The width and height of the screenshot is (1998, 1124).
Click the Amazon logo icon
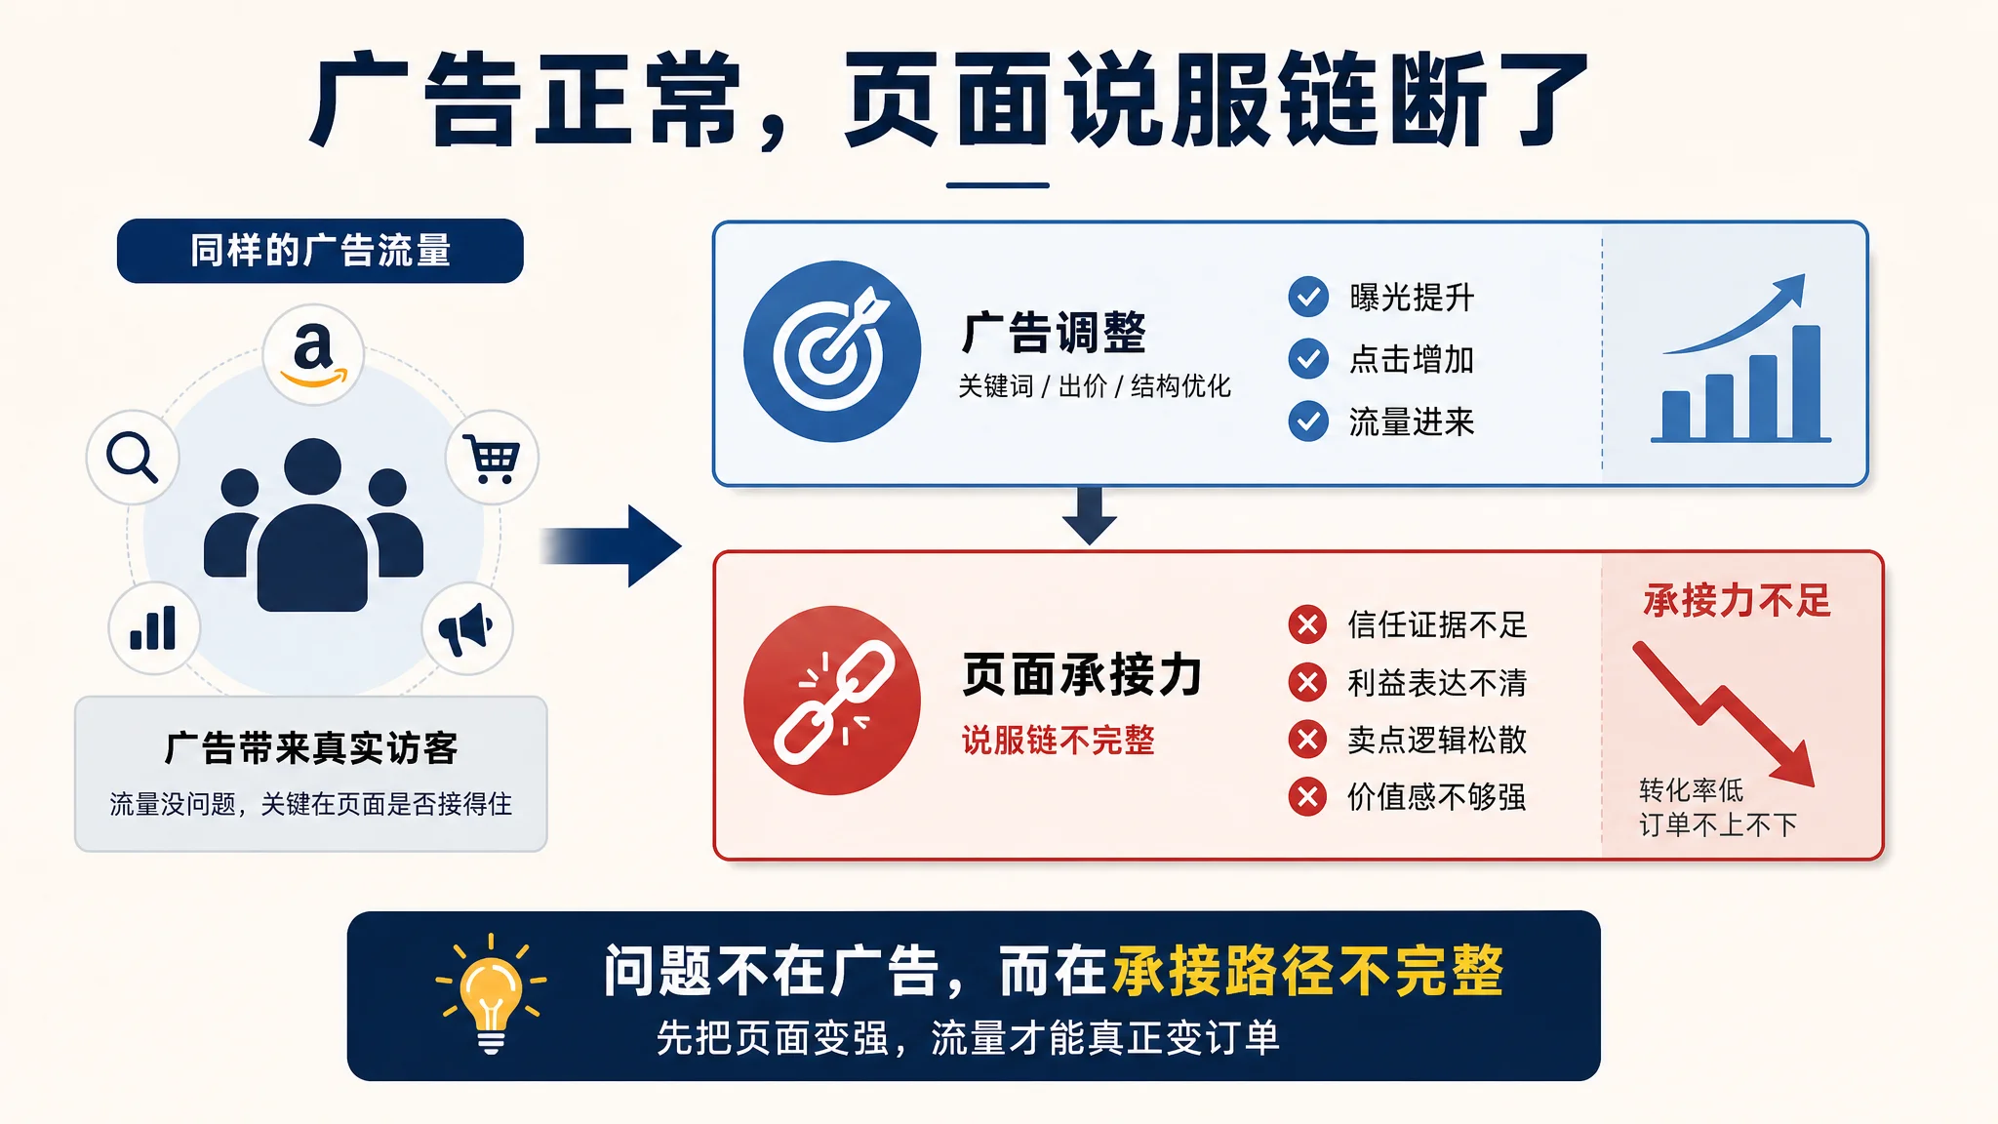click(313, 354)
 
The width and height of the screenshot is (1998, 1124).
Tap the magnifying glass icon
click(132, 457)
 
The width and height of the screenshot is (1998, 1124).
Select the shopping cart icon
click(492, 458)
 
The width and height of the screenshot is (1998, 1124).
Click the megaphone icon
click(465, 628)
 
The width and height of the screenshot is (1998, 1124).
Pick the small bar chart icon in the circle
click(153, 627)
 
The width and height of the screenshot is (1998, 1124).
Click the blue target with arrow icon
click(832, 351)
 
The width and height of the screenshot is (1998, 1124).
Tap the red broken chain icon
click(832, 701)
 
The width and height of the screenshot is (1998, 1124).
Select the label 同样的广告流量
click(320, 251)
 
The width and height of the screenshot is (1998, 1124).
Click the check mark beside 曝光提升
click(1308, 297)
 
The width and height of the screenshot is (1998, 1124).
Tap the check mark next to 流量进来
click(1308, 421)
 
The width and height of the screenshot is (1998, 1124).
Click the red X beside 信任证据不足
click(1307, 624)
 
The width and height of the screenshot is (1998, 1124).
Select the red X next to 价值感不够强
click(1307, 797)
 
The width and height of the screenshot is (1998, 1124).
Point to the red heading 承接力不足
click(1738, 600)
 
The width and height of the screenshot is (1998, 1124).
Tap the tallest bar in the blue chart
click(1807, 382)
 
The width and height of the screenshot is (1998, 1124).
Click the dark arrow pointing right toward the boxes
click(611, 546)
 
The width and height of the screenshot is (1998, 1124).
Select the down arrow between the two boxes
click(1090, 515)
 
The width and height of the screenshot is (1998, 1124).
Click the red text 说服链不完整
click(1059, 741)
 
